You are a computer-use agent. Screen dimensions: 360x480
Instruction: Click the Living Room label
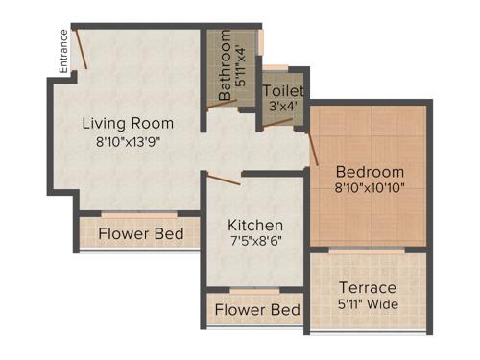tap(128, 123)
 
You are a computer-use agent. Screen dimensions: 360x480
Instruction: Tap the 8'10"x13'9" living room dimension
tap(128, 140)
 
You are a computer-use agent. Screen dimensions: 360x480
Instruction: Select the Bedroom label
tap(370, 172)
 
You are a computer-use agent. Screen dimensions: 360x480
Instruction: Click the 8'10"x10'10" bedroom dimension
tap(370, 188)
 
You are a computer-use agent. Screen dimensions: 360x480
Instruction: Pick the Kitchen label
tap(255, 225)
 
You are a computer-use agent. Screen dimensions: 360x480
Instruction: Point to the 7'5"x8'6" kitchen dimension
tap(255, 241)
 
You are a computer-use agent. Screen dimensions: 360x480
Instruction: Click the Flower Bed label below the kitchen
tap(256, 310)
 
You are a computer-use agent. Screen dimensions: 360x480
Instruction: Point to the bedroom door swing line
tap(313, 148)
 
